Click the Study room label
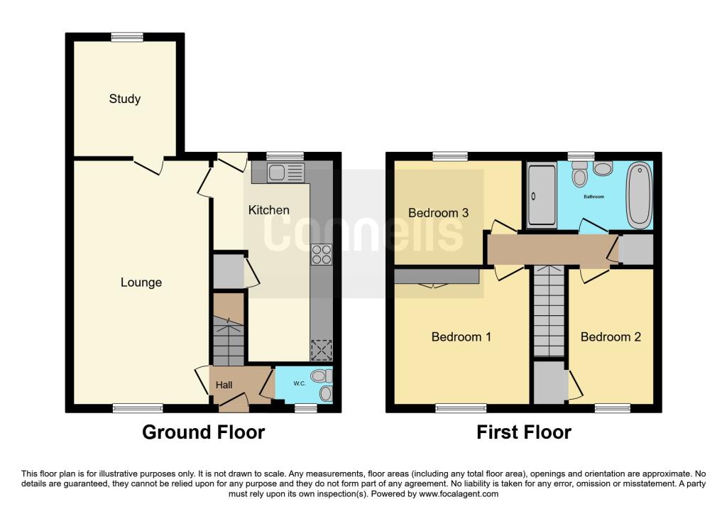pyautogui.click(x=124, y=99)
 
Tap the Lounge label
pyautogui.click(x=141, y=283)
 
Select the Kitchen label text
pyautogui.click(x=268, y=210)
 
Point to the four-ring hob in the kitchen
pyautogui.click(x=322, y=255)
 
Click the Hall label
pyautogui.click(x=224, y=385)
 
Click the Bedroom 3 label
pyautogui.click(x=438, y=212)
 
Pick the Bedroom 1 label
pyautogui.click(x=461, y=336)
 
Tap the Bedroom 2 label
pyautogui.click(x=611, y=336)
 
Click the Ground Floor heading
pyautogui.click(x=203, y=432)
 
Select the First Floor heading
pyautogui.click(x=523, y=432)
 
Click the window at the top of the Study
pyautogui.click(x=126, y=37)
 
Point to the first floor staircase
pyautogui.click(x=548, y=312)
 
